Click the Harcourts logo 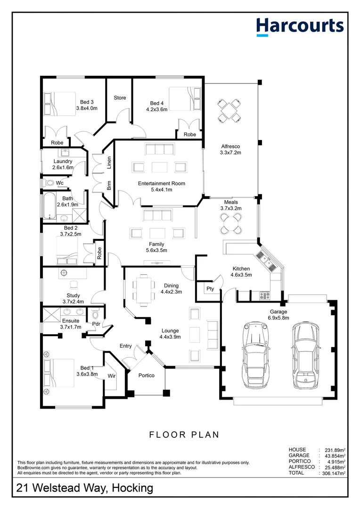click(300, 26)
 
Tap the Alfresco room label click(230, 149)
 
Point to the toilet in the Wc click(49, 182)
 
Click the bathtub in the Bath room click(49, 205)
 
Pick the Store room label click(120, 98)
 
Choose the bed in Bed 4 click(185, 99)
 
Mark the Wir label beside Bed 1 click(112, 376)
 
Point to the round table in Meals click(231, 223)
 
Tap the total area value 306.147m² click(334, 473)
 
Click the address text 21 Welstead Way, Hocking click(85, 488)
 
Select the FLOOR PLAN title click(184, 435)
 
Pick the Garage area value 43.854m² click(334, 456)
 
